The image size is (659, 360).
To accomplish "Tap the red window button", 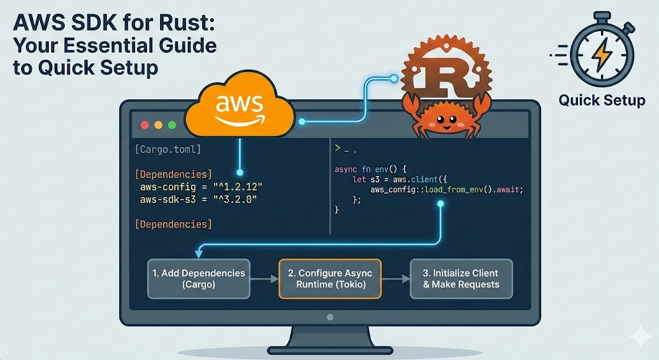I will pyautogui.click(x=144, y=125).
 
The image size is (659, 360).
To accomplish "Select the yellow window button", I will pyautogui.click(x=158, y=125).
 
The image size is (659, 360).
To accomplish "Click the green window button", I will pyautogui.click(x=172, y=125).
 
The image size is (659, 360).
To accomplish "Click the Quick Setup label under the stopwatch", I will pyautogui.click(x=602, y=101).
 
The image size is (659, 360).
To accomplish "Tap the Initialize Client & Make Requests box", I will pyautogui.click(x=461, y=278).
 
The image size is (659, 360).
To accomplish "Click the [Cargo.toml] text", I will pyautogui.click(x=167, y=150).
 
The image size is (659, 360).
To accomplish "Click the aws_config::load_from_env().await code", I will pyautogui.click(x=446, y=189).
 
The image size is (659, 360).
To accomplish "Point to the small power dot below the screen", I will pyautogui.click(x=329, y=317).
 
